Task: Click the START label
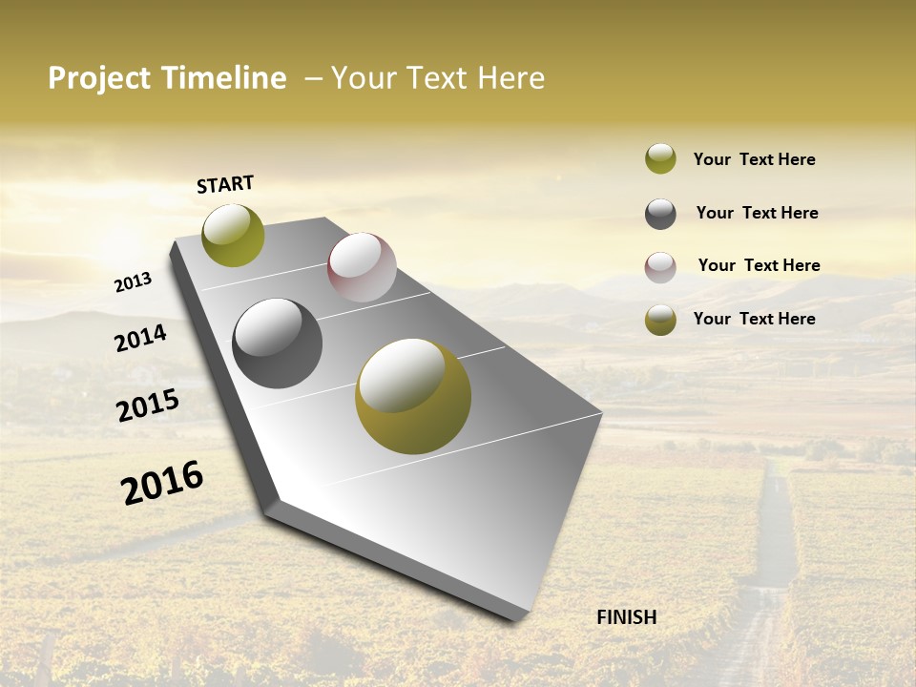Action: (225, 184)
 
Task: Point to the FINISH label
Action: (626, 617)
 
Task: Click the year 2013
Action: (134, 282)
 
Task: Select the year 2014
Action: (141, 338)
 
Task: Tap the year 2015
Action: (148, 406)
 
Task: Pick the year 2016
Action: (162, 483)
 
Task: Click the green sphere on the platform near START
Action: (233, 235)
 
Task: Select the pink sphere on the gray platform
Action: (362, 267)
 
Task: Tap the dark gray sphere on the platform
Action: (278, 343)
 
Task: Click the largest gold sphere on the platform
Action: (413, 396)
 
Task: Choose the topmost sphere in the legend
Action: (660, 158)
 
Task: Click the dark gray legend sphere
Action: (660, 214)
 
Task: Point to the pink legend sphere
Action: (660, 267)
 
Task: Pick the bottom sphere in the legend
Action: (660, 320)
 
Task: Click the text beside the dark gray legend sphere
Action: (757, 213)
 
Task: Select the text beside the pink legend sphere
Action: (759, 265)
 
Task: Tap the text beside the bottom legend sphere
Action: (754, 319)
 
